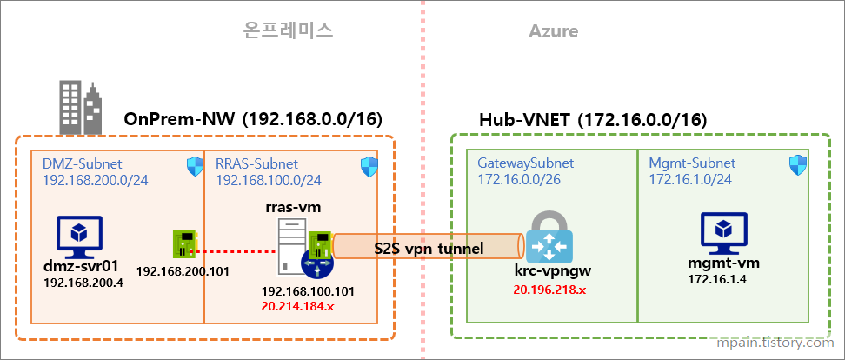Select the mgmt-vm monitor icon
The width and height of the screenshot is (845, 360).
pos(721,232)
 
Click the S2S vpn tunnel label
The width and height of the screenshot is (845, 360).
pos(428,249)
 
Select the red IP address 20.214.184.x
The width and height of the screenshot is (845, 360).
pos(303,305)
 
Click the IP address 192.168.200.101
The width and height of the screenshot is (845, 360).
pos(183,270)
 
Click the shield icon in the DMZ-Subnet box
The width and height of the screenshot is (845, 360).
pos(194,165)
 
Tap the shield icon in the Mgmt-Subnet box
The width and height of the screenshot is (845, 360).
pos(797,163)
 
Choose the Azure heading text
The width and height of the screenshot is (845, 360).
pos(553,32)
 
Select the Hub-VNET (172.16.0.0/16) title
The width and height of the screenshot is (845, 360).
pos(593,119)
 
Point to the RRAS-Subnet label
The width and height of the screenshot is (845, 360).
pos(256,163)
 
